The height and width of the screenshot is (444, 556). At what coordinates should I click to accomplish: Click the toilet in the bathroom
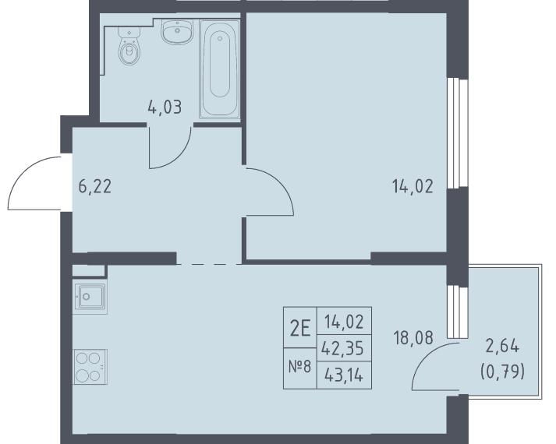[129, 46]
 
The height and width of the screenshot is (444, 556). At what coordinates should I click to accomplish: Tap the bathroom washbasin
[177, 31]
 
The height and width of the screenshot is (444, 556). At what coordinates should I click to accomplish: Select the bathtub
[219, 69]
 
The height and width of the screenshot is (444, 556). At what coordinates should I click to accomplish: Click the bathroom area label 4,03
[165, 107]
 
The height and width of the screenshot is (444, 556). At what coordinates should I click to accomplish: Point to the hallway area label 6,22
[95, 186]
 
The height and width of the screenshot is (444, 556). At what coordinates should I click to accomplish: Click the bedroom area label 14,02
[413, 186]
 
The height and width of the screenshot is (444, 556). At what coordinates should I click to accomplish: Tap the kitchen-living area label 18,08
[413, 337]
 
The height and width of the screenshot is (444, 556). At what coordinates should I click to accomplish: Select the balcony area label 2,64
[502, 346]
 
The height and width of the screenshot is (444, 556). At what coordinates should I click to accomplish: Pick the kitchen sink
[90, 296]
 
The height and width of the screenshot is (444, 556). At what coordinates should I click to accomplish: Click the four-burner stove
[90, 367]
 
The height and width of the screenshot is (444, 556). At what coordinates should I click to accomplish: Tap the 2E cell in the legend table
[300, 328]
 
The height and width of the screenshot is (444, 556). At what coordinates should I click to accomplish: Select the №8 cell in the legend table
[300, 368]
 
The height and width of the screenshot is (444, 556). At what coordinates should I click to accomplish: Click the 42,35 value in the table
[342, 348]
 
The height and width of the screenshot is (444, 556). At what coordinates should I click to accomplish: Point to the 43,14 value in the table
[344, 375]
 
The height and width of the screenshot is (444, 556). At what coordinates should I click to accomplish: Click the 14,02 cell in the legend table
[344, 322]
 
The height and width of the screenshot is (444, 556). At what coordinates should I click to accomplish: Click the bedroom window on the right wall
[458, 132]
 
